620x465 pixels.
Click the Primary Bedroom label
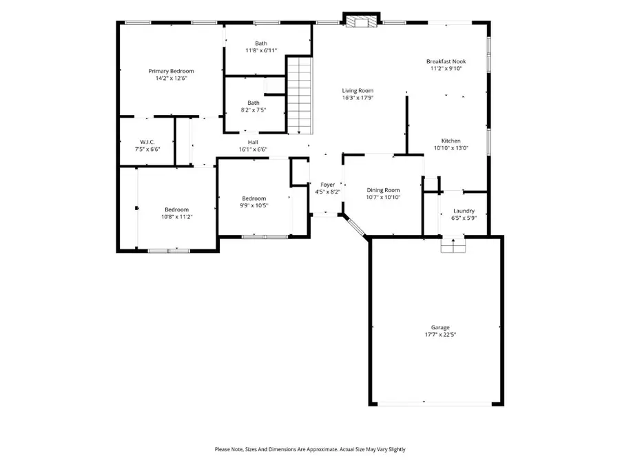[x=171, y=71]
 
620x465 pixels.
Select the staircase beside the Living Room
[x=300, y=96]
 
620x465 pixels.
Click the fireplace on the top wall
[x=361, y=21]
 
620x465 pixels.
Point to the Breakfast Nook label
[x=446, y=61]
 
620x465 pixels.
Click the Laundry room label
[x=464, y=211]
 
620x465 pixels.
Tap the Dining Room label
[x=382, y=190]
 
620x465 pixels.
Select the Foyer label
[x=327, y=185]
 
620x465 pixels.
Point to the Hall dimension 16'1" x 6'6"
[x=253, y=149]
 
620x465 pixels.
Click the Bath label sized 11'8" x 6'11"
[x=261, y=50]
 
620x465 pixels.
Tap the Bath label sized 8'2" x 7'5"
[x=254, y=110]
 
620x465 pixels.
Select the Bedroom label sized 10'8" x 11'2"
[x=176, y=216]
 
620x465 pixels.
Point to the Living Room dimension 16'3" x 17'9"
[x=358, y=98]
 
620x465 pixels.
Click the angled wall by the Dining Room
[x=356, y=227]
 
